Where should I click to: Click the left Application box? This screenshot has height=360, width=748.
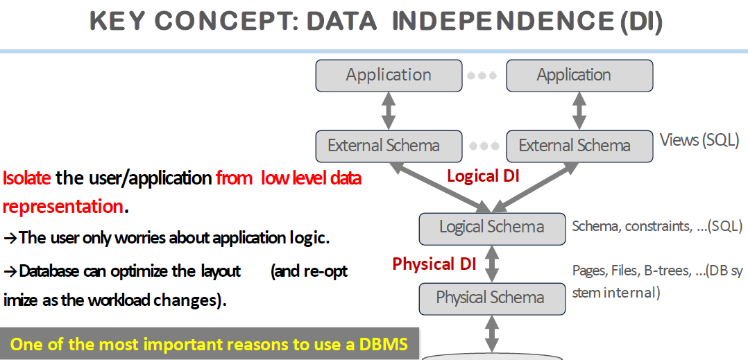click(x=389, y=75)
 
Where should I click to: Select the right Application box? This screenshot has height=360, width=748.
click(x=579, y=75)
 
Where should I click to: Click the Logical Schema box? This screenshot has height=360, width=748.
click(x=492, y=227)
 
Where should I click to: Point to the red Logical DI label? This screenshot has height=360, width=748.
click(x=484, y=176)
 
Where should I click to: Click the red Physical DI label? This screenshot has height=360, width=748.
click(x=434, y=264)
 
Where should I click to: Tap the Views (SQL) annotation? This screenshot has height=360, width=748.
click(x=699, y=140)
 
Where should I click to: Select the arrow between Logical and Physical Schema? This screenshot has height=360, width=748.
click(x=492, y=263)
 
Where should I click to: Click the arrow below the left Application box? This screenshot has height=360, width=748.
click(x=389, y=110)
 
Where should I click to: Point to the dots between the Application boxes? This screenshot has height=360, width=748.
click(x=482, y=76)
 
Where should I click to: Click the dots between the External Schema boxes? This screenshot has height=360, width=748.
click(x=484, y=146)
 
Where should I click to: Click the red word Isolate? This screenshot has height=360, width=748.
click(x=27, y=178)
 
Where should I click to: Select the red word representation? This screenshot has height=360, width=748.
click(x=62, y=207)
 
